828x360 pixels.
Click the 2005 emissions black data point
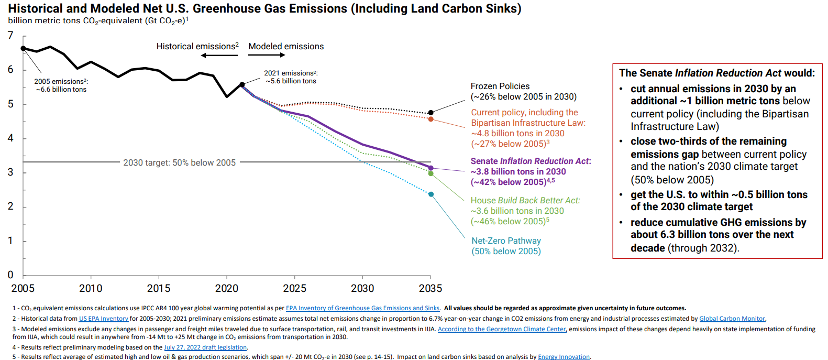pyautogui.click(x=23, y=48)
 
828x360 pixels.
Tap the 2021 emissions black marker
pyautogui.click(x=242, y=84)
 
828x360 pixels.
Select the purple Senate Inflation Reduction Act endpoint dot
pyautogui.click(x=431, y=168)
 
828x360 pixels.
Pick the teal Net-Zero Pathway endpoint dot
pyautogui.click(x=431, y=194)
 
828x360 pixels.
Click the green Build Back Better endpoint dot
pyautogui.click(x=431, y=173)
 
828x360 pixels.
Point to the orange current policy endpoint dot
pyautogui.click(x=431, y=119)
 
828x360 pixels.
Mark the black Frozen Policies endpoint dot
pyautogui.click(x=431, y=113)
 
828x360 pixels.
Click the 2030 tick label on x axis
pyautogui.click(x=362, y=288)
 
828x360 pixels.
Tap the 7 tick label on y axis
pyautogui.click(x=10, y=36)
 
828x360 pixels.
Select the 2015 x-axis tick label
pyautogui.click(x=159, y=288)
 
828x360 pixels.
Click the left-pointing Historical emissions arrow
pyautogui.click(x=219, y=55)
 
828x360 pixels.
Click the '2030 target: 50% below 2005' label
pyautogui.click(x=179, y=162)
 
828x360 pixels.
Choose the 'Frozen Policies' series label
pyautogui.click(x=500, y=86)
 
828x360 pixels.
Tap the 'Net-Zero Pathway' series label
pyautogui.click(x=506, y=241)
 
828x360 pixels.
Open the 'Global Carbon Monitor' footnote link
pyautogui.click(x=732, y=319)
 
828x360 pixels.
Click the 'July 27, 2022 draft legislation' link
pyautogui.click(x=205, y=347)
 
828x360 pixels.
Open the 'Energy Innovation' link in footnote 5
pyautogui.click(x=564, y=357)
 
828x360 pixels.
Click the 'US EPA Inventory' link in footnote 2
pyautogui.click(x=104, y=319)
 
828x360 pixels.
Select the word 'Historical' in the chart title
pyautogui.click(x=36, y=9)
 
